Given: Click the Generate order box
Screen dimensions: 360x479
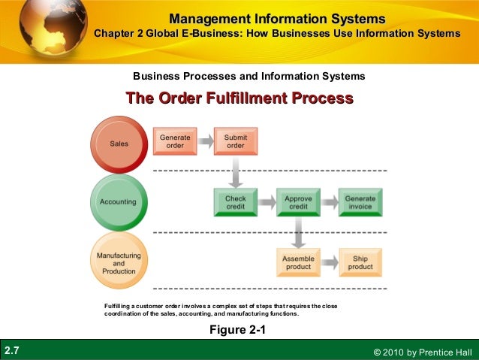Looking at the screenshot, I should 175,141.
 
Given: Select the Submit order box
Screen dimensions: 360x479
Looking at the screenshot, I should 236,141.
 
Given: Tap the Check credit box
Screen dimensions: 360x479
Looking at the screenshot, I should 236,202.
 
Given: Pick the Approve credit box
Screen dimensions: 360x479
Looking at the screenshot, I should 298,202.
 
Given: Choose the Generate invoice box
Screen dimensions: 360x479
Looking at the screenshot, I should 360,202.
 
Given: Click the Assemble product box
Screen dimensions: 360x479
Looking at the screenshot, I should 298,262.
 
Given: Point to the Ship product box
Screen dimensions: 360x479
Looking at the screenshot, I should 360,262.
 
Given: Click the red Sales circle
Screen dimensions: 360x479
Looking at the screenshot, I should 119,143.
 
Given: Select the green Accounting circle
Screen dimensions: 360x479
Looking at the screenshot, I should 118,202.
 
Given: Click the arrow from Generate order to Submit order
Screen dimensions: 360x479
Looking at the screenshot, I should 205,142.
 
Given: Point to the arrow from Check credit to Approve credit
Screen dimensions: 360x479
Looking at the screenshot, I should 267,202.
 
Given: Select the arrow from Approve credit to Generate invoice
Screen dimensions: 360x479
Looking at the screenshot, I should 329,202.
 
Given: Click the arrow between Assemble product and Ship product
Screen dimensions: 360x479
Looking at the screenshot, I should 329,263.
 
